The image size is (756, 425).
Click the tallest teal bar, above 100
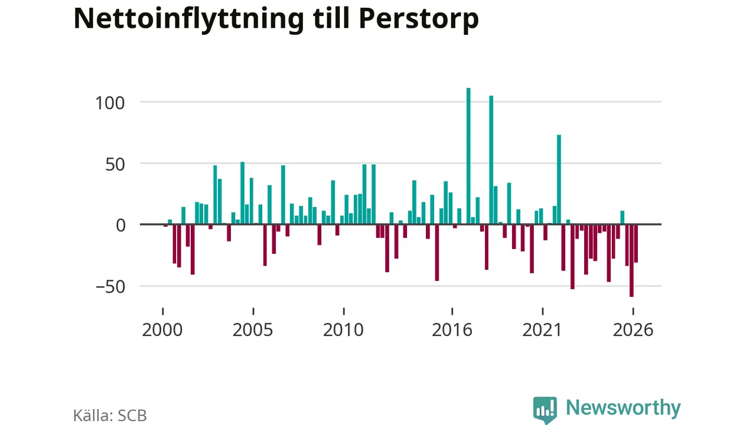[x=468, y=156]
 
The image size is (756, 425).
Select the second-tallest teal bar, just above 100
[x=491, y=160]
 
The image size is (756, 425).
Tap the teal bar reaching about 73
[x=559, y=179]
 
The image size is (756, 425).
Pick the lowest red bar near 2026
[x=631, y=260]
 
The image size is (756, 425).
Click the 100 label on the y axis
[x=110, y=103]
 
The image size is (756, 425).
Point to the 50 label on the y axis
[x=115, y=165]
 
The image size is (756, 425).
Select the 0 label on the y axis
[x=120, y=225]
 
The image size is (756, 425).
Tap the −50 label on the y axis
[x=110, y=287]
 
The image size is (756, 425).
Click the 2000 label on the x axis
[x=162, y=330]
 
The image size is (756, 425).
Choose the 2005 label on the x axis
[x=253, y=330]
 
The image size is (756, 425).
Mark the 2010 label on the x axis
[x=343, y=330]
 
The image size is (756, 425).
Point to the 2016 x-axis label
[x=452, y=330]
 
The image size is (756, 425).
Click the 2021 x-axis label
[x=542, y=330]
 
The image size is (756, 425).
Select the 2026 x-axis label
[x=633, y=330]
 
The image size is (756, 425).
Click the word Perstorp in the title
[x=419, y=19]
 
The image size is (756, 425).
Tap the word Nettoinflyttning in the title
[x=189, y=19]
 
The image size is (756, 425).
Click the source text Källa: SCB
[x=110, y=416]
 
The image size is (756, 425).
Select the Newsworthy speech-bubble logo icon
[x=545, y=410]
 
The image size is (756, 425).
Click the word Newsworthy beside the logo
[x=623, y=408]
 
